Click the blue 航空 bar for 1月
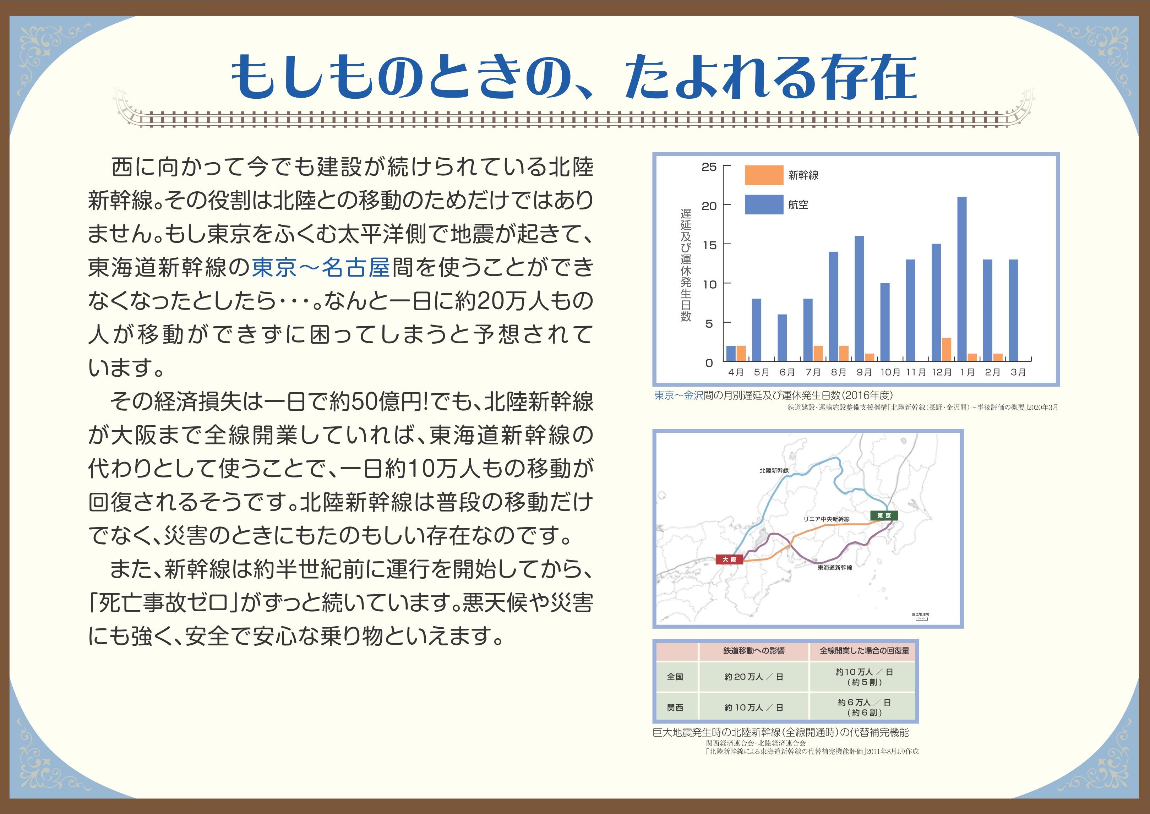click(961, 279)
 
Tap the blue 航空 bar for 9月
click(859, 298)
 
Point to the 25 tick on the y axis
click(709, 167)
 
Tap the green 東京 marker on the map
click(884, 515)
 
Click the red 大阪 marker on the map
click(729, 559)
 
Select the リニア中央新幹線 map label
click(826, 519)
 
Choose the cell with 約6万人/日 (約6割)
click(864, 707)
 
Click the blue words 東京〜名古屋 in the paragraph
click(321, 267)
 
